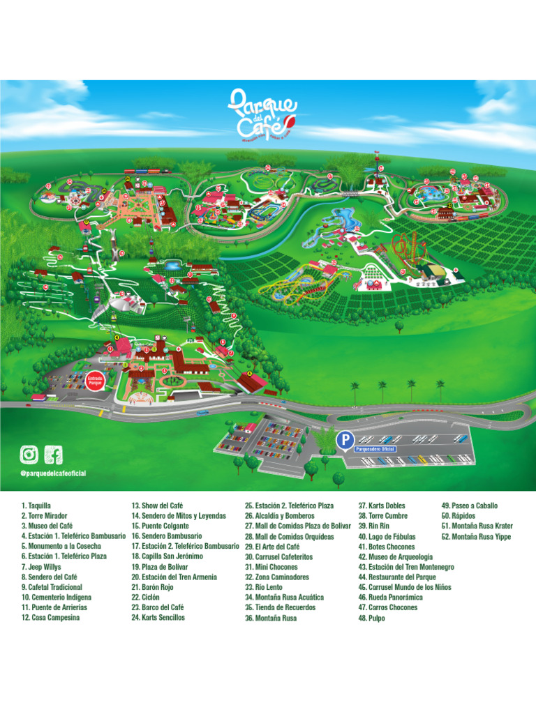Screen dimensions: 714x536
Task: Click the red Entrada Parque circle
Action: click(95, 382)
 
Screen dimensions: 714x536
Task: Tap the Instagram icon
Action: click(29, 455)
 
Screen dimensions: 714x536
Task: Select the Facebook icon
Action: click(53, 455)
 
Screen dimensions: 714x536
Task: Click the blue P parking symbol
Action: click(343, 440)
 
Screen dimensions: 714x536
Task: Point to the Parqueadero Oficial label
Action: click(375, 450)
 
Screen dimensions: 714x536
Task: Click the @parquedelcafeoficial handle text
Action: click(53, 473)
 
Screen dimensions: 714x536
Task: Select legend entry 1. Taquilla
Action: click(36, 506)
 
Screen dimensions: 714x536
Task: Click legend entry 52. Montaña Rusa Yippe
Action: click(476, 536)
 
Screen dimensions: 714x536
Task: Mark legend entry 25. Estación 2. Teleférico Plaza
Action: click(289, 506)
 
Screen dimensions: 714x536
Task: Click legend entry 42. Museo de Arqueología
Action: click(396, 556)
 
